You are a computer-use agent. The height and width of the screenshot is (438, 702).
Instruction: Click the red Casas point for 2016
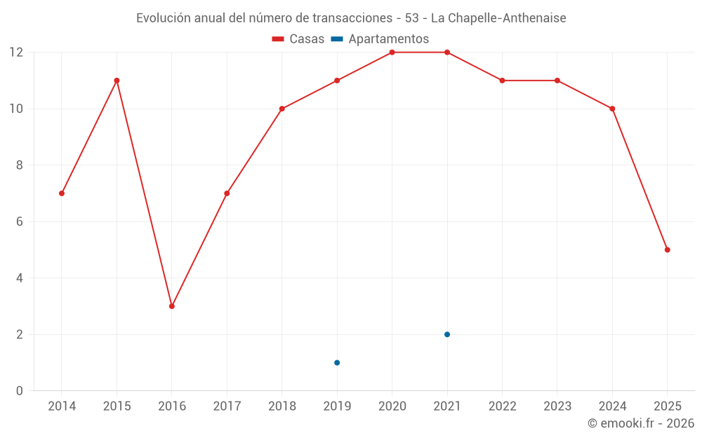(172, 306)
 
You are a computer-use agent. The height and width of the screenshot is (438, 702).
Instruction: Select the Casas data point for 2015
(117, 81)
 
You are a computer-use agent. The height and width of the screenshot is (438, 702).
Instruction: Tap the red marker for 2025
(667, 249)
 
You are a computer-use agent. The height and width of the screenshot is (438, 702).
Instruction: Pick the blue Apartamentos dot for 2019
(337, 362)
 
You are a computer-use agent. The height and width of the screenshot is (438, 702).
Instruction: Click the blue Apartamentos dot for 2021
(447, 334)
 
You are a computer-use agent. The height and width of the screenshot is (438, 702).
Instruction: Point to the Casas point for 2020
(392, 53)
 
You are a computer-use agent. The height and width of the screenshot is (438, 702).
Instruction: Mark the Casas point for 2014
(62, 193)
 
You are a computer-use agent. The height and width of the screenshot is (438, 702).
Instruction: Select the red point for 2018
(282, 109)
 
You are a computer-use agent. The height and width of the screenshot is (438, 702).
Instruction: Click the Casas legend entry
(298, 39)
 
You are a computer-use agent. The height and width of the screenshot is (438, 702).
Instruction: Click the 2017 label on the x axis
(227, 406)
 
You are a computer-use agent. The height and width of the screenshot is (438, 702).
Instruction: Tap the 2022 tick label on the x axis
(502, 406)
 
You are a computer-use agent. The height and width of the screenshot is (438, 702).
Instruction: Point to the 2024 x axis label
(612, 406)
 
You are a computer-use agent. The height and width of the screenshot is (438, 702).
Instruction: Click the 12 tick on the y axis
(16, 53)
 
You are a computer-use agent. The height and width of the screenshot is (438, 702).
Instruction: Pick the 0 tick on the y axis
(20, 390)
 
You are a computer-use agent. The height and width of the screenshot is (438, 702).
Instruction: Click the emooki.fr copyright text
(641, 423)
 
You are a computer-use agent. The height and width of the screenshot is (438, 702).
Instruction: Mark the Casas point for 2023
(557, 81)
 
